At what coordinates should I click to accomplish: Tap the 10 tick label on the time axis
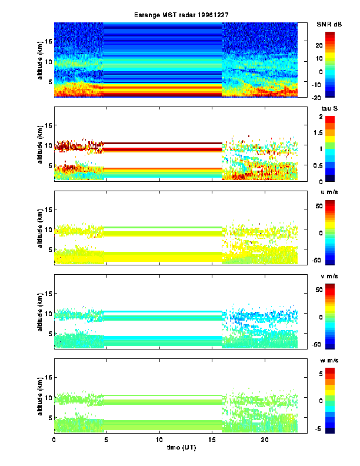coord(159,440)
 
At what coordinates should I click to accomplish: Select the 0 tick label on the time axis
coord(54,440)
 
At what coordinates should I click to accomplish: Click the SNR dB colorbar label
coord(329,24)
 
